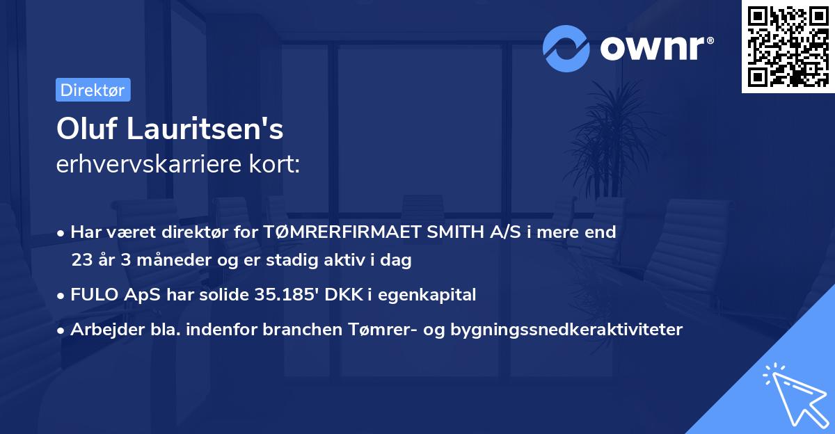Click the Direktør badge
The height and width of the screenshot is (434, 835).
coord(93,90)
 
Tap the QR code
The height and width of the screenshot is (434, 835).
coord(788,46)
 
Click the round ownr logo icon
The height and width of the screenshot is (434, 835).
coord(566,49)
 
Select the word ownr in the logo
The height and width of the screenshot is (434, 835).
coord(655,49)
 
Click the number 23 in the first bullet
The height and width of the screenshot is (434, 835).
coord(81,261)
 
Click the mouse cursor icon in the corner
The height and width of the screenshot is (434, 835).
coord(793,393)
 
